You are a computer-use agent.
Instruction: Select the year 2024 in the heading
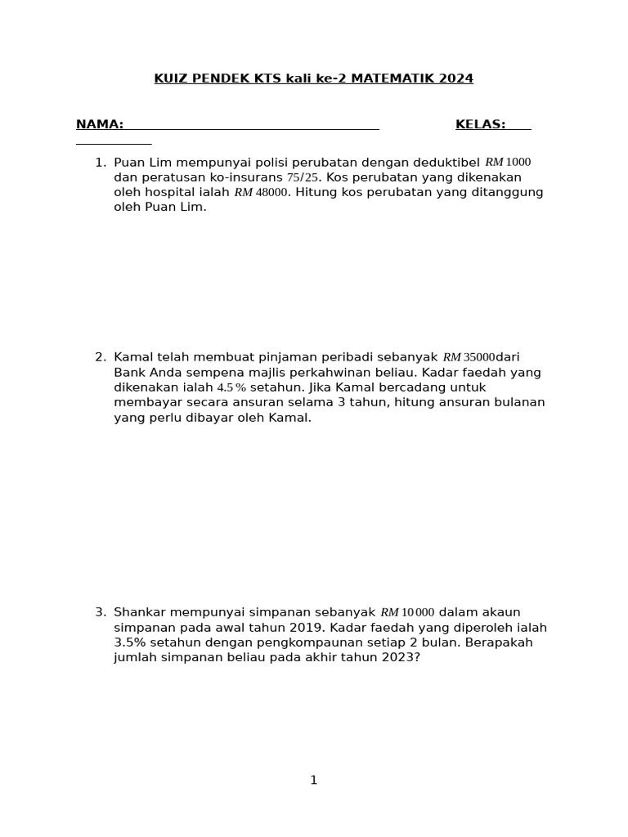[456, 78]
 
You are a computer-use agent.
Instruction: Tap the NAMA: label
[100, 124]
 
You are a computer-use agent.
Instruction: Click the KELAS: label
[480, 124]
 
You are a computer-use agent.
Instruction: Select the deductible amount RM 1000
[508, 163]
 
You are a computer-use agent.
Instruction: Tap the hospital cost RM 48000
[262, 193]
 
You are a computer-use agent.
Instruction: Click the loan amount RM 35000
[469, 357]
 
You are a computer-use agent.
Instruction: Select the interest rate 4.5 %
[231, 387]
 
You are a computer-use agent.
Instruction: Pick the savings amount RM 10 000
[407, 612]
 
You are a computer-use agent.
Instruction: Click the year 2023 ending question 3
[398, 658]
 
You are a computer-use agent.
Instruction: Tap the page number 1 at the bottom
[313, 781]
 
